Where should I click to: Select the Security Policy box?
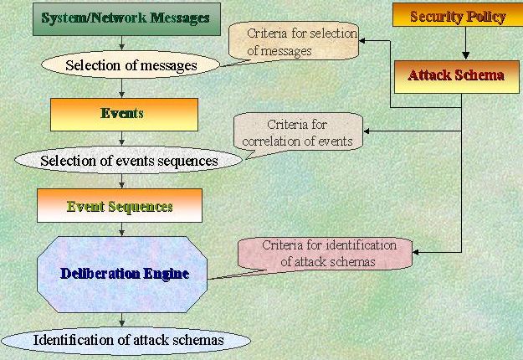pyautogui.click(x=459, y=17)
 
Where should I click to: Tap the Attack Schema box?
pyautogui.click(x=456, y=75)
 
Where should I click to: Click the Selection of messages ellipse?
pyautogui.click(x=131, y=64)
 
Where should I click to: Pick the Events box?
pyautogui.click(x=123, y=114)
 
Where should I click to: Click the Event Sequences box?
pyautogui.click(x=120, y=206)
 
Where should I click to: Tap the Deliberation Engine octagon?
pyautogui.click(x=123, y=274)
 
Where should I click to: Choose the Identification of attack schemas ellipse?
pyautogui.click(x=128, y=340)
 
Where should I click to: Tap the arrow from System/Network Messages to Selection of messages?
pyautogui.click(x=122, y=44)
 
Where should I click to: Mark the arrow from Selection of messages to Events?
pyautogui.click(x=123, y=86)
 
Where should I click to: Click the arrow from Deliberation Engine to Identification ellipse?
pyautogui.click(x=123, y=319)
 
